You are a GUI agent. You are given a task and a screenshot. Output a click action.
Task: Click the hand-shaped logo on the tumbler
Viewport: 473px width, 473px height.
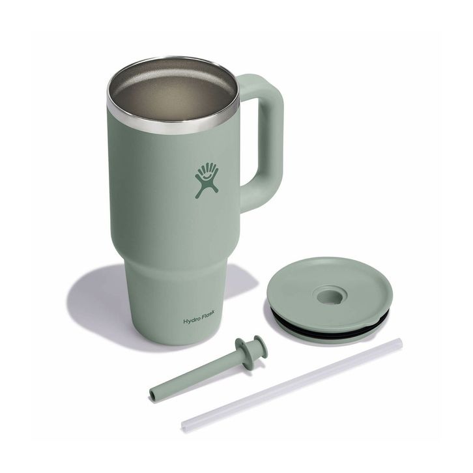point(207,180)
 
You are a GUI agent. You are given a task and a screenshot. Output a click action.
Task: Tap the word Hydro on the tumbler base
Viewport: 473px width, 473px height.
point(192,321)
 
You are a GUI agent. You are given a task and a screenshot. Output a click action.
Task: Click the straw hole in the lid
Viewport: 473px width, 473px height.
point(330,296)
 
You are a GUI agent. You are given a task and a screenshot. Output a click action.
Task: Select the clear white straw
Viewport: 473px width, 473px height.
point(292,384)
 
